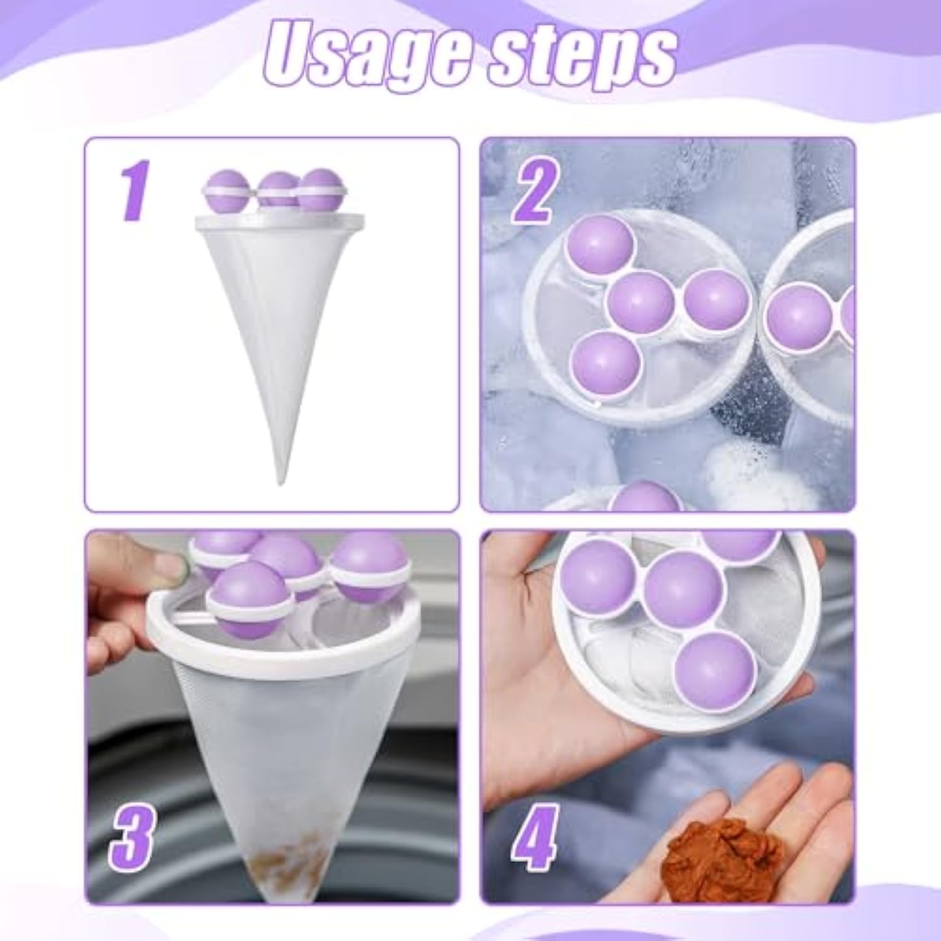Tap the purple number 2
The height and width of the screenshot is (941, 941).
click(x=534, y=191)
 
